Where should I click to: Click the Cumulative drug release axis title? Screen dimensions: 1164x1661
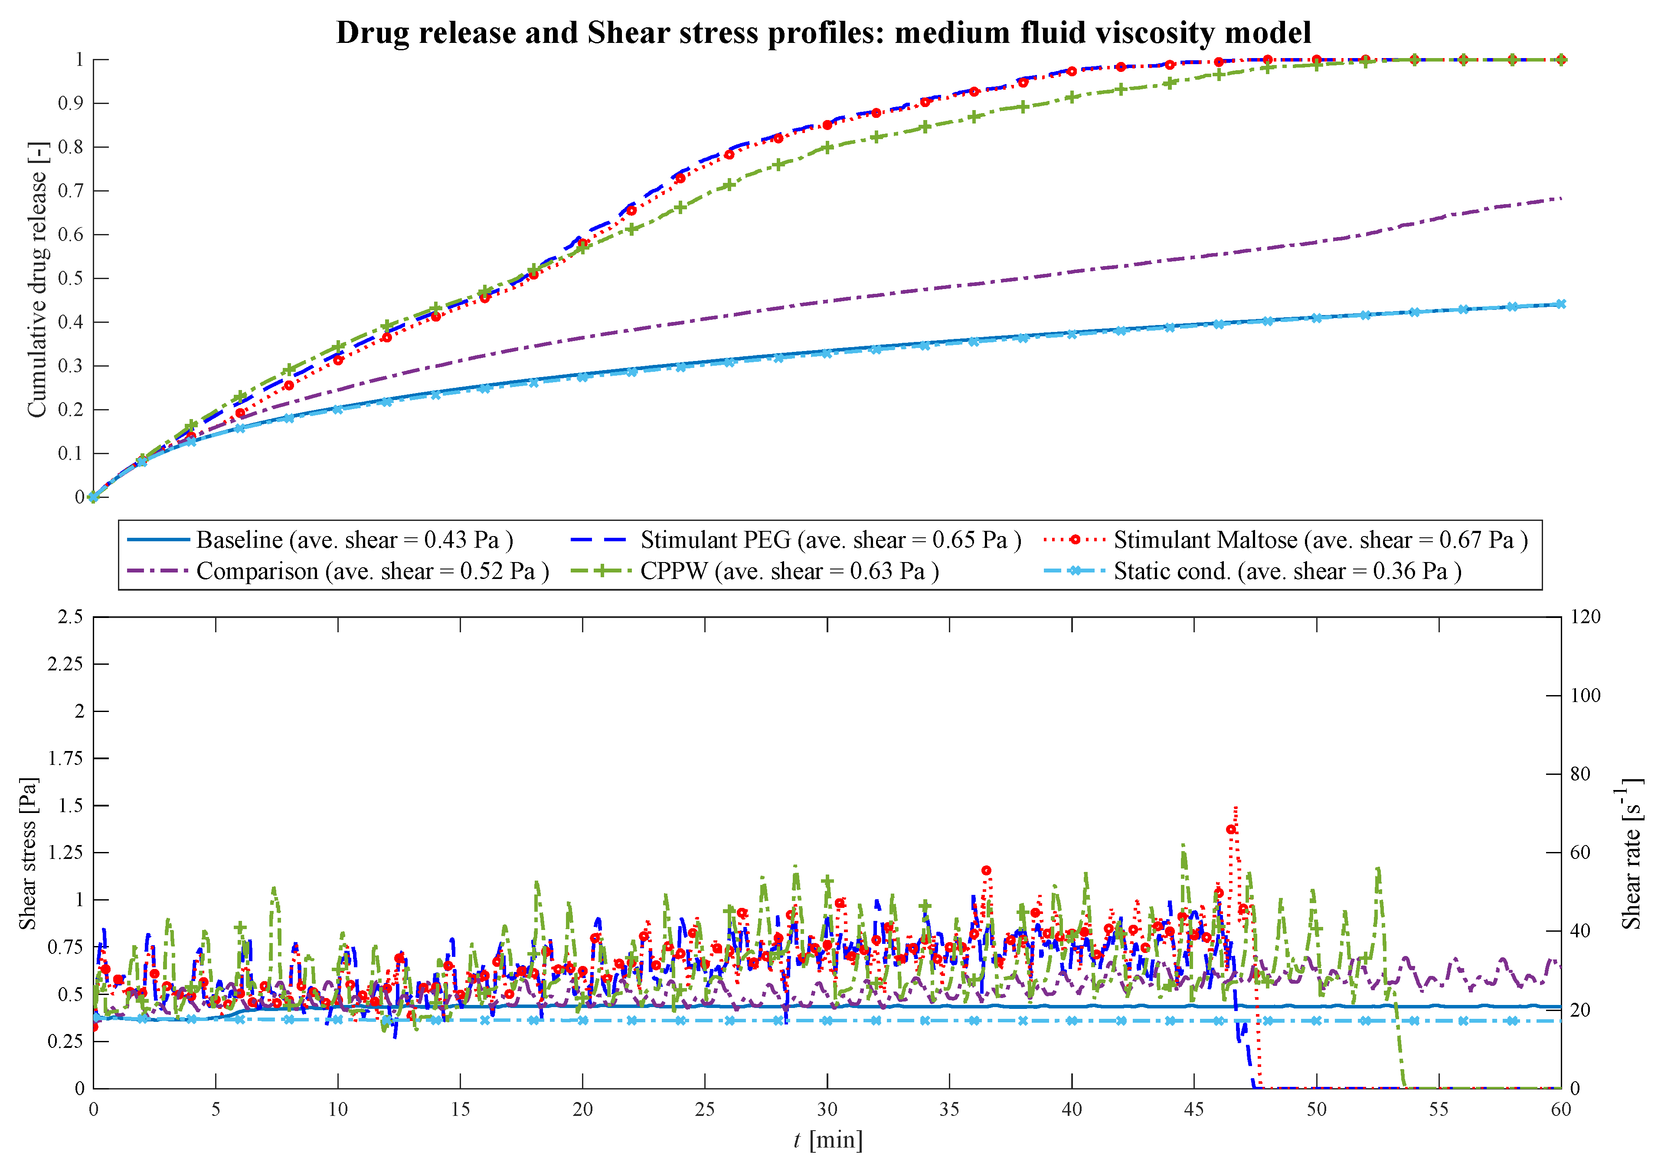tap(36, 278)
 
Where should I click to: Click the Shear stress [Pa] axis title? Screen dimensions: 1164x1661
tap(27, 854)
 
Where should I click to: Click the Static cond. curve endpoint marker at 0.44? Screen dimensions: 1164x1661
tap(1560, 304)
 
